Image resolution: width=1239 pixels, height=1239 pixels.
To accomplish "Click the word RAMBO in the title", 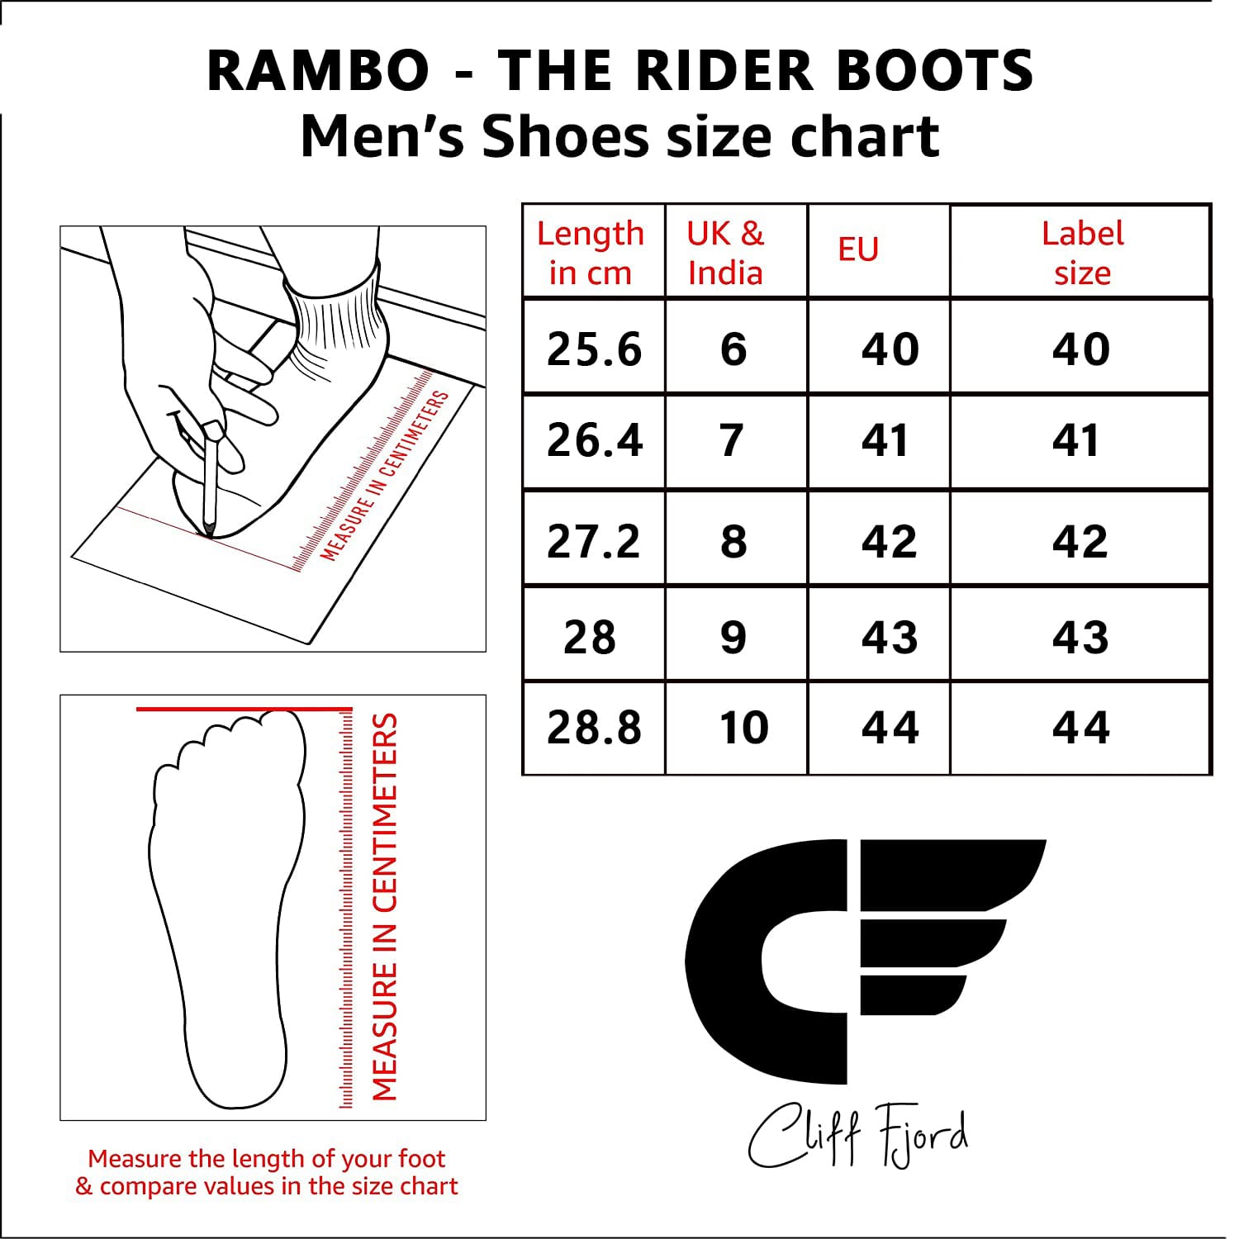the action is tap(318, 70).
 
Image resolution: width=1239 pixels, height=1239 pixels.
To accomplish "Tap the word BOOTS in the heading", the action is tap(935, 70).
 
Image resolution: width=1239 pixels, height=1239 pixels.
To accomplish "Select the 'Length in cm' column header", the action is tap(591, 253).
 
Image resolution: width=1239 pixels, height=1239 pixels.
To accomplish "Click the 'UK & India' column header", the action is tap(725, 253).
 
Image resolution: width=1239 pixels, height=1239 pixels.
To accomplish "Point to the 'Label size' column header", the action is tap(1082, 253).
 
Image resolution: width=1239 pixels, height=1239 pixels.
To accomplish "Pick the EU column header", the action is tap(858, 249).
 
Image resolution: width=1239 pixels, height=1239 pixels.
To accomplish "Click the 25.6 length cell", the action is tap(594, 349).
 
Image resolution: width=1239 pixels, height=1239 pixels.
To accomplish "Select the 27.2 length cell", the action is tap(594, 541).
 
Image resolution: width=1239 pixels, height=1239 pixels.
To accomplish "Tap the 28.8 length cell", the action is tap(594, 727).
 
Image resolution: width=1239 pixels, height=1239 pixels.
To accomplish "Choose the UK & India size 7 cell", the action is tap(732, 439).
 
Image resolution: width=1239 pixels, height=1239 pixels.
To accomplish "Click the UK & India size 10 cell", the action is tap(743, 727).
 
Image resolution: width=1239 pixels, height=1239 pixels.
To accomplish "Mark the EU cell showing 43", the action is tap(890, 637).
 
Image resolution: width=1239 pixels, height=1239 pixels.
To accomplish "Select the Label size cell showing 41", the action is tap(1075, 439).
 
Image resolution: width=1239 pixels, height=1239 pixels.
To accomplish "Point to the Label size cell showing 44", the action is tap(1080, 727).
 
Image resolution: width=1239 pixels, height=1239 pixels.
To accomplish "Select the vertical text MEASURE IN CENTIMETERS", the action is tap(385, 907).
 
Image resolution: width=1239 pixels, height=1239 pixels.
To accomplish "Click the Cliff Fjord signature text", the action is tap(857, 1136).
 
